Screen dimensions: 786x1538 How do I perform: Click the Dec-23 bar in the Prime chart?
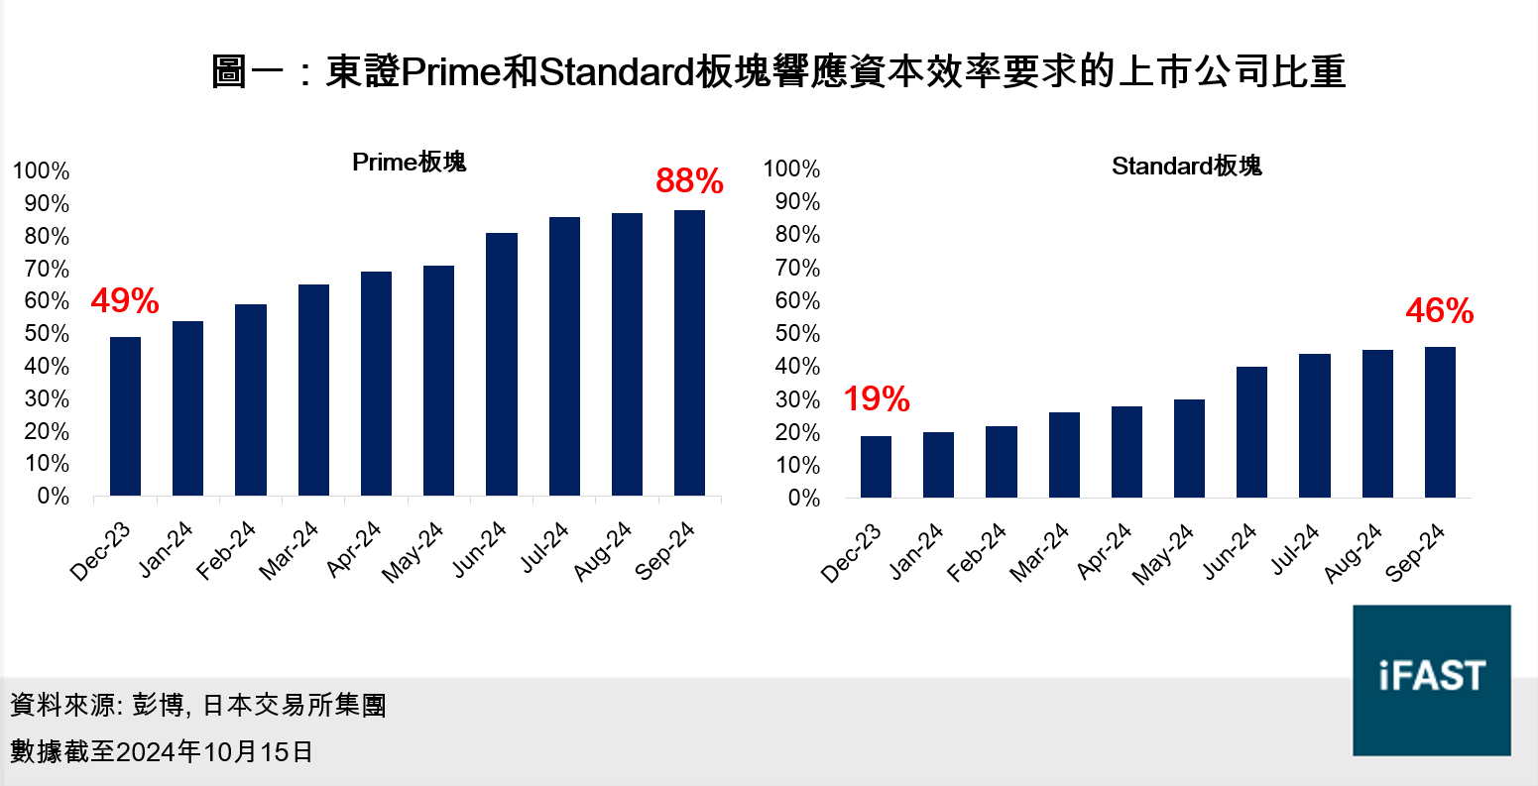[x=125, y=416]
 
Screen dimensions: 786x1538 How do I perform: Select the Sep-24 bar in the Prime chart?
[x=689, y=353]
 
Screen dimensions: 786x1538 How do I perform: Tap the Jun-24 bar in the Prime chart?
[x=501, y=364]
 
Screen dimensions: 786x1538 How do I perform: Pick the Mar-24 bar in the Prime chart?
[x=313, y=390]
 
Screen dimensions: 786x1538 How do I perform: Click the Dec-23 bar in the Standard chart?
[x=876, y=467]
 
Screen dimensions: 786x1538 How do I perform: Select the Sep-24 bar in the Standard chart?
[x=1440, y=422]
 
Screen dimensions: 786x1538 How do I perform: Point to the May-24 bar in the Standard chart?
[x=1189, y=448]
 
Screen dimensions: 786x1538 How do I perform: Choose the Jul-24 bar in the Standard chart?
[x=1315, y=425]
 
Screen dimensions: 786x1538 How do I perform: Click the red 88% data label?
[x=689, y=181]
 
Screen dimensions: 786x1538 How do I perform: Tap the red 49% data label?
[x=125, y=301]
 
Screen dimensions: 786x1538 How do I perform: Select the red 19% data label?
[x=877, y=399]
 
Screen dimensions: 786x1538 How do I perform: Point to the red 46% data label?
[x=1439, y=312]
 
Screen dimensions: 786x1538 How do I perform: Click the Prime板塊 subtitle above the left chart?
[x=409, y=163]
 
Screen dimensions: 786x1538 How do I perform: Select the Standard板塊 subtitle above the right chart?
[x=1186, y=166]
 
